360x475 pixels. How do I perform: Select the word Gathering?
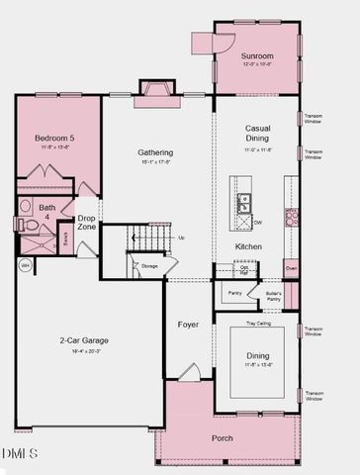155,152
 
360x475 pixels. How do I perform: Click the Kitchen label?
248,246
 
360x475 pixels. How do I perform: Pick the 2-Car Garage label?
83,340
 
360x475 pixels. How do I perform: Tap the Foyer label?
188,325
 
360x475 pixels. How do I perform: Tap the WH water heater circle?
25,264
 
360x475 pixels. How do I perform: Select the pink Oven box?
292,267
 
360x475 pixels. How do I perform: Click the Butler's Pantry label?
274,296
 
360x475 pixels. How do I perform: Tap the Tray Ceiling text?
257,322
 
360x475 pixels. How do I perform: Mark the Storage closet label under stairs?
149,266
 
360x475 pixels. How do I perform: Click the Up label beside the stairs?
181,237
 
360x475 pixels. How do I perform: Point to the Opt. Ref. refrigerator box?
244,268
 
